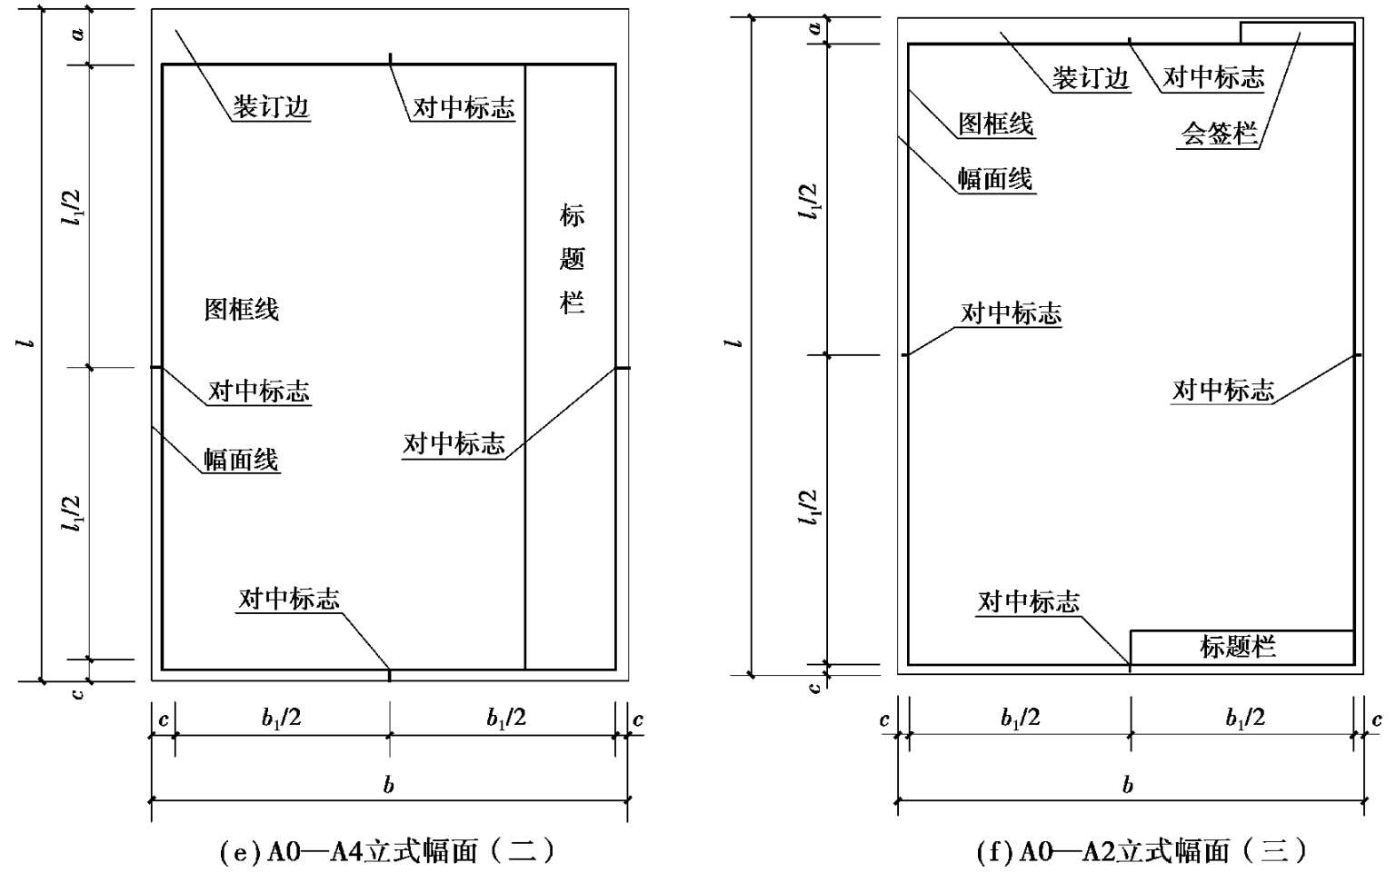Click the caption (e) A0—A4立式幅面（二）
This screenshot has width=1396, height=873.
click(387, 851)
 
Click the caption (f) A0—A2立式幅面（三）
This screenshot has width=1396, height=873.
click(1142, 851)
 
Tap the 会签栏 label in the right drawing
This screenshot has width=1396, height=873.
click(1219, 134)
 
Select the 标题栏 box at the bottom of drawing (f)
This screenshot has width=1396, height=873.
click(1241, 647)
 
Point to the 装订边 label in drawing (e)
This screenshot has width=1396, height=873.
click(271, 106)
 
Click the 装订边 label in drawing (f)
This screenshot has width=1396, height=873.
click(1090, 77)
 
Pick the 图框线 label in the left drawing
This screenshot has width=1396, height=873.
click(241, 309)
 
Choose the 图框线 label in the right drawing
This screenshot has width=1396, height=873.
click(996, 124)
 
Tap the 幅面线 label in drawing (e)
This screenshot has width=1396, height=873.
click(241, 460)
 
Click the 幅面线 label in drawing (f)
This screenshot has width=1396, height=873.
click(995, 178)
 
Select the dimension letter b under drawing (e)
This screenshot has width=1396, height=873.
click(389, 785)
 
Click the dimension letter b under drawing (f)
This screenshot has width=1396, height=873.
click(1128, 785)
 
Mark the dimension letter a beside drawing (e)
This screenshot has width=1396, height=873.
click(78, 34)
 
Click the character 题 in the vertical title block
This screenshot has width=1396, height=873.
click(572, 259)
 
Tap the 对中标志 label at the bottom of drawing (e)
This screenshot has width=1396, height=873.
click(289, 598)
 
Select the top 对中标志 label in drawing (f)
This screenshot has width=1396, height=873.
click(1213, 77)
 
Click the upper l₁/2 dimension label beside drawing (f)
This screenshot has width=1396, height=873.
click(808, 201)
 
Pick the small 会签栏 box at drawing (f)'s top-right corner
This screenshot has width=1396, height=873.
click(1297, 33)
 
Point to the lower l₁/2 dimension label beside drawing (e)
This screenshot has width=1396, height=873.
click(71, 513)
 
